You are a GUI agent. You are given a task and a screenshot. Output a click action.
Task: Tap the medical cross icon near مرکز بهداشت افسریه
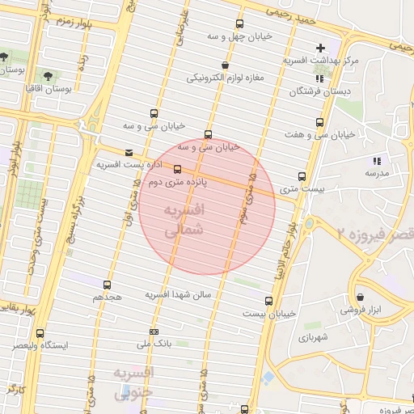pos(320,48)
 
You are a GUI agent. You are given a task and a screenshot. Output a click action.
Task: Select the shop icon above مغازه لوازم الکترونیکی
pos(224,65)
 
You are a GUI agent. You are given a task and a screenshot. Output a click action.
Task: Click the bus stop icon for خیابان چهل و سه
pos(239,24)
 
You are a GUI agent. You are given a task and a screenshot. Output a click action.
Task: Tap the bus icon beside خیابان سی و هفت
pos(320,123)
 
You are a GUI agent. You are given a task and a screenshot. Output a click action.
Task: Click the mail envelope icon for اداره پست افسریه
pos(129,152)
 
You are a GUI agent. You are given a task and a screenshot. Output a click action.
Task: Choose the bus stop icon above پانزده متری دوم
pos(178,169)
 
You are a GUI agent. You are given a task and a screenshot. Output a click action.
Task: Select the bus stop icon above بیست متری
pos(302,175)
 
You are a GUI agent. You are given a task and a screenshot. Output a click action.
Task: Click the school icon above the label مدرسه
pos(375,159)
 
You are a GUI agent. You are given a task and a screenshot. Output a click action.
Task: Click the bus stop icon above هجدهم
pos(107,285)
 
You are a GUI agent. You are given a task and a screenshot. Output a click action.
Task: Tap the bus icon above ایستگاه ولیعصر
pos(41,332)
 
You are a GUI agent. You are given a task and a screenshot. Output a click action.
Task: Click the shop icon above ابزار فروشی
pos(359,297)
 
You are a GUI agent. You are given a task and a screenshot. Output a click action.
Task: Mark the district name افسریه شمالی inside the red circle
pos(183,219)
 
